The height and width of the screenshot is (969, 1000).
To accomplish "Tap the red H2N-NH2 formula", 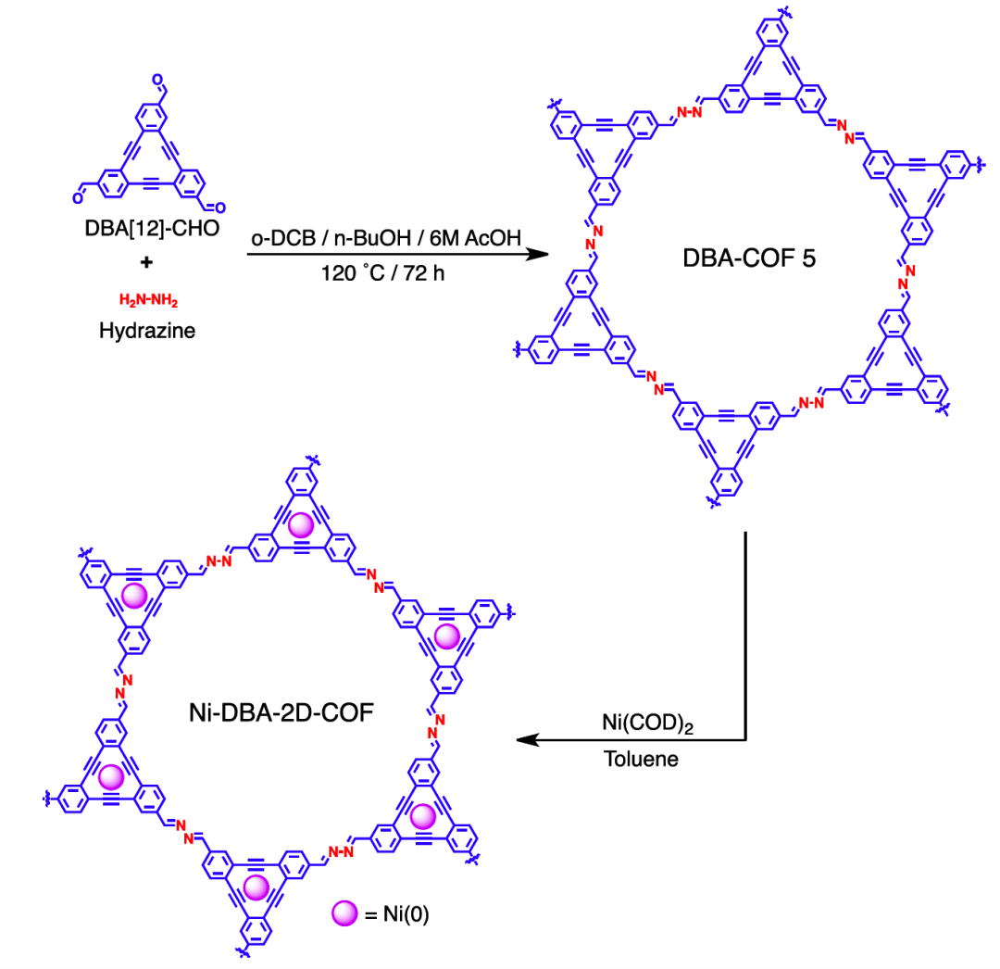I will coord(147,300).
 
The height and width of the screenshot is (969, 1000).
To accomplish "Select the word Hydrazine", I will coord(147,329).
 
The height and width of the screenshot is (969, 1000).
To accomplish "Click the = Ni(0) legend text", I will coord(394,915).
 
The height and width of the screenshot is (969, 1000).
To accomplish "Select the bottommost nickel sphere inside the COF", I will coord(256,887).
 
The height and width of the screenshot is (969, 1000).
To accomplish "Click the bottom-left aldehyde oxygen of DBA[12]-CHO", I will coord(79,195).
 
